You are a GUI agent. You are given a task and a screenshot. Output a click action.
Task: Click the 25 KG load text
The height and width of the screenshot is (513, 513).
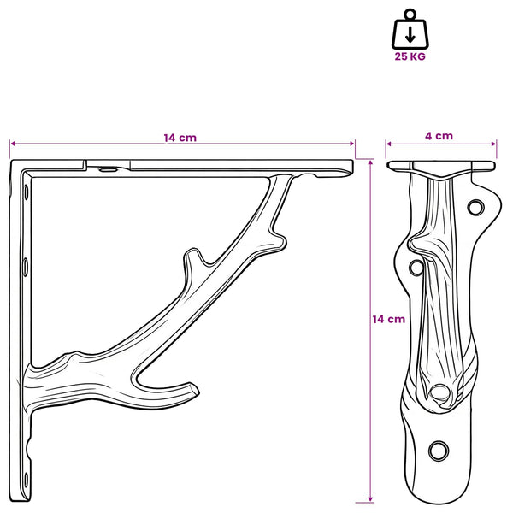[410, 56]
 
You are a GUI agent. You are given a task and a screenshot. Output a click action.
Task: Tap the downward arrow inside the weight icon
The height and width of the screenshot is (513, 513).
[410, 35]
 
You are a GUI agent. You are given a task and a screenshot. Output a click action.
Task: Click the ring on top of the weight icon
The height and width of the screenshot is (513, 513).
[410, 15]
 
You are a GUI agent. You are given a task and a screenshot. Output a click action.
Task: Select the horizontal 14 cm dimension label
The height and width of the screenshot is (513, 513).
[180, 138]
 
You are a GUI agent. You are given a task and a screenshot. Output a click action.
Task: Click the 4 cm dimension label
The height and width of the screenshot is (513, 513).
[439, 136]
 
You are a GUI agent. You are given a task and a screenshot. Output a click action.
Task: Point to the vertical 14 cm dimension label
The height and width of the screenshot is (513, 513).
[389, 319]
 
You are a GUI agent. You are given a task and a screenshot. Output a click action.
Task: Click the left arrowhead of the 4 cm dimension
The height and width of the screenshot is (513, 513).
[389, 144]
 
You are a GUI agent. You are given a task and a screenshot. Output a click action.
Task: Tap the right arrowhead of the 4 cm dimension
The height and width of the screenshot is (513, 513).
[494, 144]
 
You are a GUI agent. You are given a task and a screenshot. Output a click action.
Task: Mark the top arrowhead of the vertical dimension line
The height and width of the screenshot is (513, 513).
[370, 162]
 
